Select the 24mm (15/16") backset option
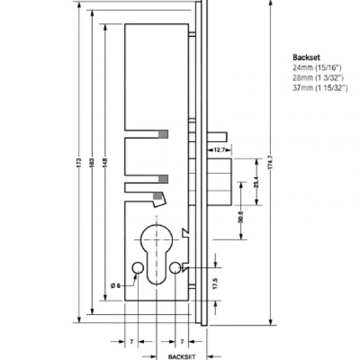click(315, 67)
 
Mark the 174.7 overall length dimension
click(270, 164)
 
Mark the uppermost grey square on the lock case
click(163, 134)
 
